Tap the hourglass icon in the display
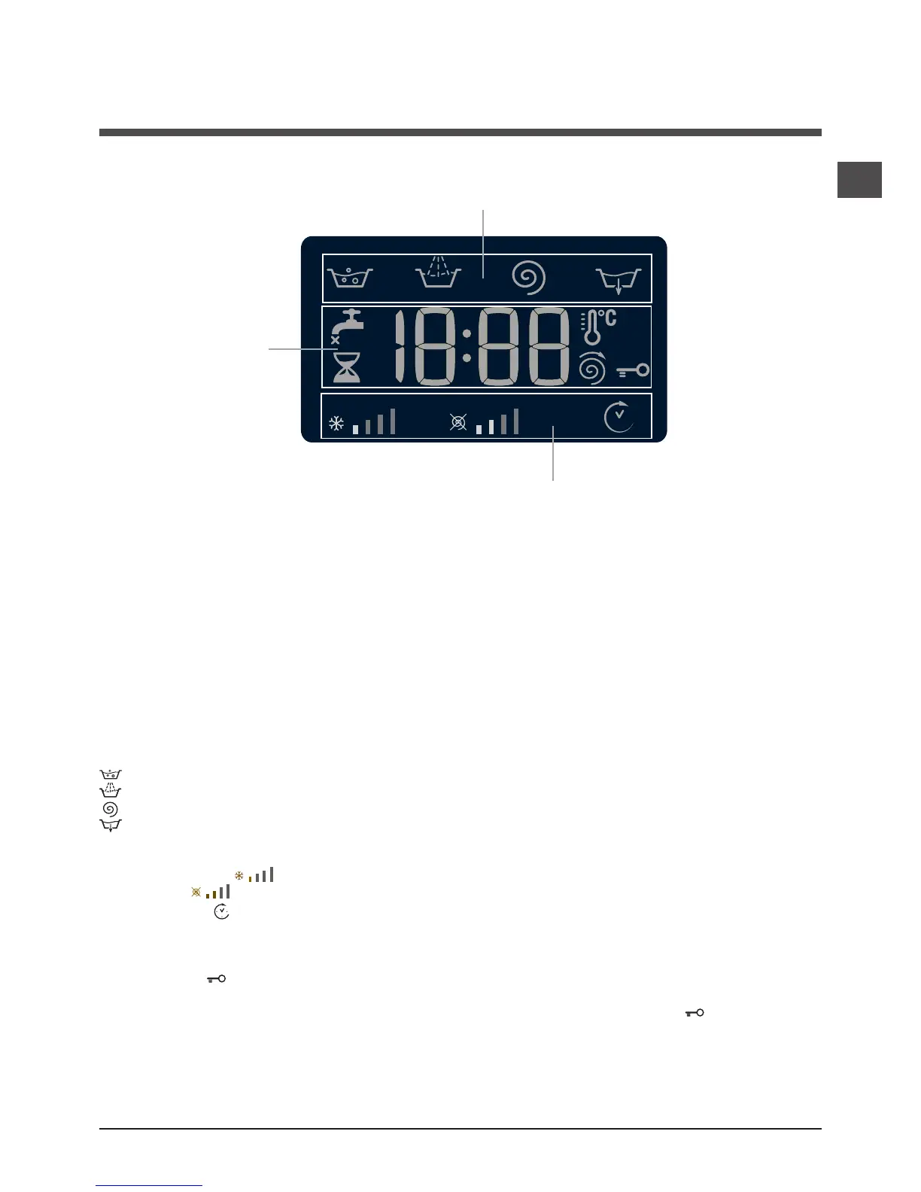coord(347,367)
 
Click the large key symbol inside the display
coord(633,370)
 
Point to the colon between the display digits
coord(467,346)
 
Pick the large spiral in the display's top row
coord(528,278)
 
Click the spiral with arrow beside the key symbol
coord(592,368)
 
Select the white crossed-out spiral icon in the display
coord(458,423)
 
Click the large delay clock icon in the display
coord(619,418)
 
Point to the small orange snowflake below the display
coord(239,876)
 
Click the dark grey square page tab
coord(859,180)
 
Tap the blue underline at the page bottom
coord(149,1185)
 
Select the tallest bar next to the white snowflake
coord(393,421)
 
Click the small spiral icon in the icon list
coord(110,809)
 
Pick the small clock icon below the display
coord(221,911)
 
